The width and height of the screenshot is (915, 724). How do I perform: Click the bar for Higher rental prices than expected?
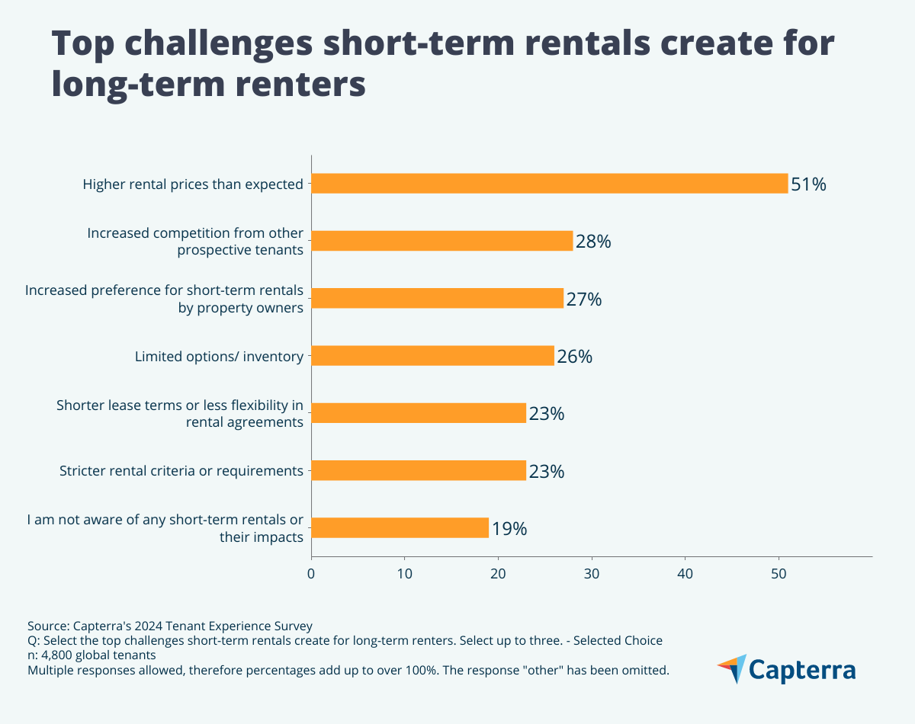[x=549, y=184]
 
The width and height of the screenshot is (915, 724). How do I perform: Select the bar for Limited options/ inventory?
[x=432, y=356]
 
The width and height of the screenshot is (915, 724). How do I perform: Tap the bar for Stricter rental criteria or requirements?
[x=419, y=471]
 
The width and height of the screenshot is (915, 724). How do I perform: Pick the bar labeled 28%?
[x=441, y=241]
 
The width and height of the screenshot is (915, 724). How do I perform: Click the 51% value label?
[x=808, y=184]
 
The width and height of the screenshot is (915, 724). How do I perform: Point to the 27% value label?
[x=584, y=300]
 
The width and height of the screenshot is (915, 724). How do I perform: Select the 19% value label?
[x=509, y=529]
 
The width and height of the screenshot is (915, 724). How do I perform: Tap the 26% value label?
[x=575, y=357]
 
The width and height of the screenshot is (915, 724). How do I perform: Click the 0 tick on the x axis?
[x=311, y=572]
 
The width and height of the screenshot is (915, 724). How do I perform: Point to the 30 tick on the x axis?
[x=592, y=572]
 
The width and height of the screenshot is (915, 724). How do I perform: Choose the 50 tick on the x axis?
[x=779, y=572]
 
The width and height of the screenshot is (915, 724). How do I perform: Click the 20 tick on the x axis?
[x=498, y=572]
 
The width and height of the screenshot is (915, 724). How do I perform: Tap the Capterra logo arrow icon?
[x=732, y=668]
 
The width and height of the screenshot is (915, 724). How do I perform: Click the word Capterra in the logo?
[x=802, y=670]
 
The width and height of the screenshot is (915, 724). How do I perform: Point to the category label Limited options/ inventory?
[x=219, y=356]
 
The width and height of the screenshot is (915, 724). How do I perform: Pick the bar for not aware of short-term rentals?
[x=400, y=528]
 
